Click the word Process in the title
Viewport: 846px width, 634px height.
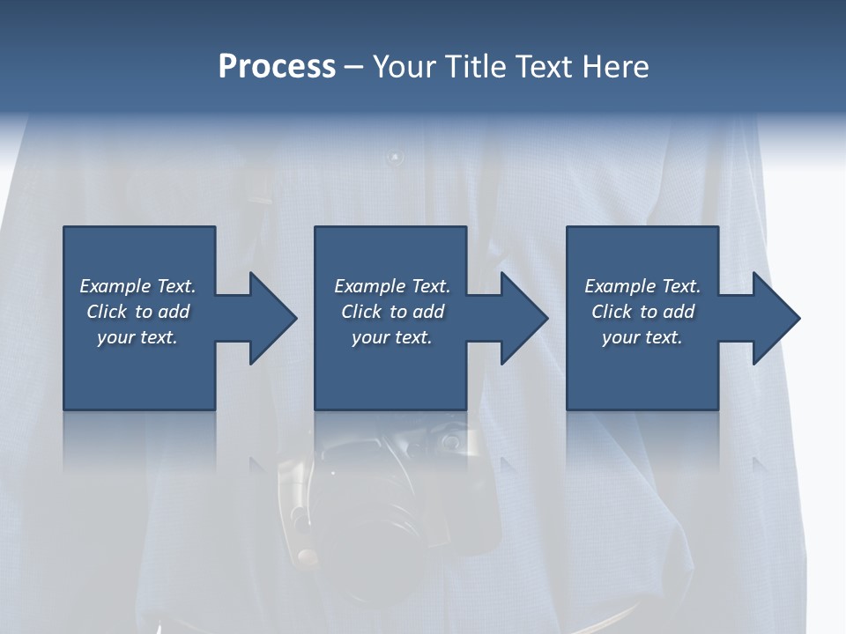click(277, 67)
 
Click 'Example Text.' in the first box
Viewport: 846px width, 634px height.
click(137, 286)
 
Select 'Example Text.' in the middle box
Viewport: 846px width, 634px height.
click(392, 286)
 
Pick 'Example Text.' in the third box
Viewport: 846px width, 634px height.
click(642, 286)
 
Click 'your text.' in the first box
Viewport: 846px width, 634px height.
click(137, 337)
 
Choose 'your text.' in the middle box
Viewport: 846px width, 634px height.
click(392, 337)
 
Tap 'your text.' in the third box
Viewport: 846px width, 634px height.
click(642, 337)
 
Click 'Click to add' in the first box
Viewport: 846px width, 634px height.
click(137, 312)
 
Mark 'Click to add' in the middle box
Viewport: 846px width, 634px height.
click(392, 312)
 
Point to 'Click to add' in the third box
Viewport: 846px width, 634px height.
click(642, 312)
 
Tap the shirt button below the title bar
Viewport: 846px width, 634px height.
click(394, 158)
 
